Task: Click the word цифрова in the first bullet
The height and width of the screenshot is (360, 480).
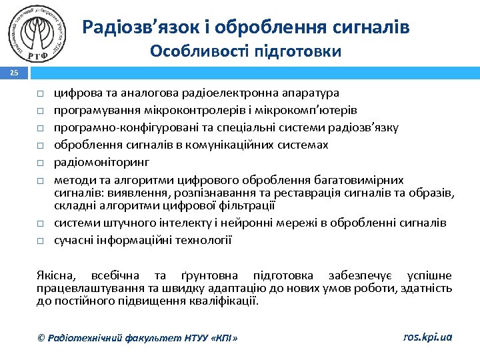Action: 74,93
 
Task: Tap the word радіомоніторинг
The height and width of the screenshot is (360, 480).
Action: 101,162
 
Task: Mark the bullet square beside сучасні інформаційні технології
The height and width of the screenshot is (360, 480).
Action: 41,241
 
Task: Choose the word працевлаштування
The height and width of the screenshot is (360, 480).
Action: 81,288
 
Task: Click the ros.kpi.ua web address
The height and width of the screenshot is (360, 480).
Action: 427,337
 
